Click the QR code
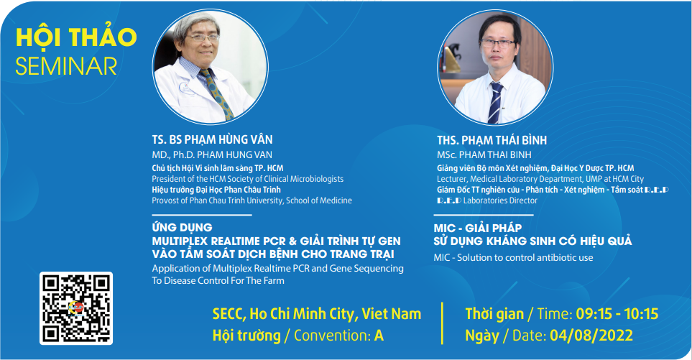tap(76, 308)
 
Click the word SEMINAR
tap(66, 66)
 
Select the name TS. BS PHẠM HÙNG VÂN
tap(212, 139)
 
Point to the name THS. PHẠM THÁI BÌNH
tap(492, 140)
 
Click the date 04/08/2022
tap(591, 336)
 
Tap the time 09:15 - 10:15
tap(617, 314)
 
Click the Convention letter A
tap(379, 336)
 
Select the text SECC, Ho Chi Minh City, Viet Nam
tap(317, 314)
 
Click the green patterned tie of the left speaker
tap(217, 94)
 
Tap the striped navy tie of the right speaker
tap(494, 102)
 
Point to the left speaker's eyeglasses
tap(204, 38)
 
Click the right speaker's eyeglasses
tap(498, 43)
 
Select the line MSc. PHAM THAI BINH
tap(484, 155)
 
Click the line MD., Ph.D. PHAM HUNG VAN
tap(212, 155)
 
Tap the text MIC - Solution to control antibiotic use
tap(513, 258)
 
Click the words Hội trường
tap(246, 336)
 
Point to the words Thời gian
tap(494, 314)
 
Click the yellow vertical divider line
tap(442, 323)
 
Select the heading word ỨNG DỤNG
tap(182, 227)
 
